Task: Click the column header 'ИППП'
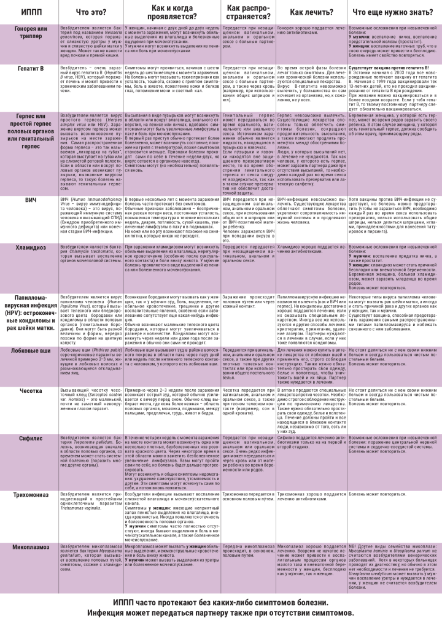pyautogui.click(x=28, y=11)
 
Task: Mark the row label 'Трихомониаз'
pyautogui.click(x=29, y=495)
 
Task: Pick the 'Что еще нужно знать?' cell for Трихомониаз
pyautogui.click(x=393, y=494)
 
